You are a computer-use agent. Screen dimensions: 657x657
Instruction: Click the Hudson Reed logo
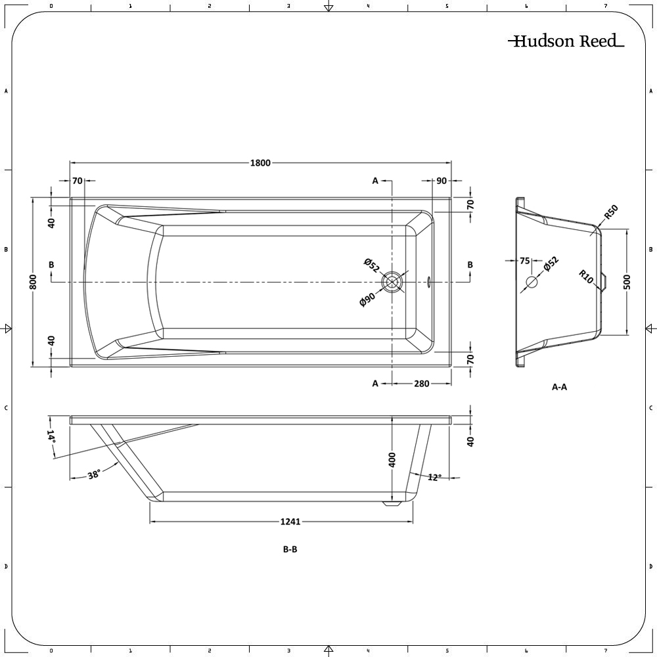pyautogui.click(x=565, y=41)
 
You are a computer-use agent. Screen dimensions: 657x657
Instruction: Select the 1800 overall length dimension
pyautogui.click(x=260, y=164)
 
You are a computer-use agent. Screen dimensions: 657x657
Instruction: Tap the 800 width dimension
pyautogui.click(x=32, y=281)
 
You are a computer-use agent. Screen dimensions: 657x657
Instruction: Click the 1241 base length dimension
pyautogui.click(x=290, y=522)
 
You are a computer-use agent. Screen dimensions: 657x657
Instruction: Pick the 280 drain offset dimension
pyautogui.click(x=421, y=384)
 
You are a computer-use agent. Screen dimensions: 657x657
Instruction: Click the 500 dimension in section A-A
pyautogui.click(x=627, y=282)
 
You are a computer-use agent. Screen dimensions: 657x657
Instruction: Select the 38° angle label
pyautogui.click(x=94, y=475)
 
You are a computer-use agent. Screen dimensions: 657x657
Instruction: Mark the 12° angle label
pyautogui.click(x=434, y=477)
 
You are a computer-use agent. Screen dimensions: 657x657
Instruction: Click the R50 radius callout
pyautogui.click(x=611, y=213)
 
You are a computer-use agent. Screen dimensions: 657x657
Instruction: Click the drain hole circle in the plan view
pyautogui.click(x=392, y=282)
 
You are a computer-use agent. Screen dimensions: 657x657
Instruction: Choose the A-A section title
pyautogui.click(x=559, y=387)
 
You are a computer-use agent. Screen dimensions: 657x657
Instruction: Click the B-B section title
pyautogui.click(x=290, y=550)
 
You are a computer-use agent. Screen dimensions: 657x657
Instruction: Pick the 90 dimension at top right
pyautogui.click(x=441, y=181)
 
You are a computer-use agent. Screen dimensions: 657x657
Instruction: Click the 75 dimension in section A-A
pyautogui.click(x=524, y=261)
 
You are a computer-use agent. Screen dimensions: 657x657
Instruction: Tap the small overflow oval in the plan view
pyautogui.click(x=430, y=282)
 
